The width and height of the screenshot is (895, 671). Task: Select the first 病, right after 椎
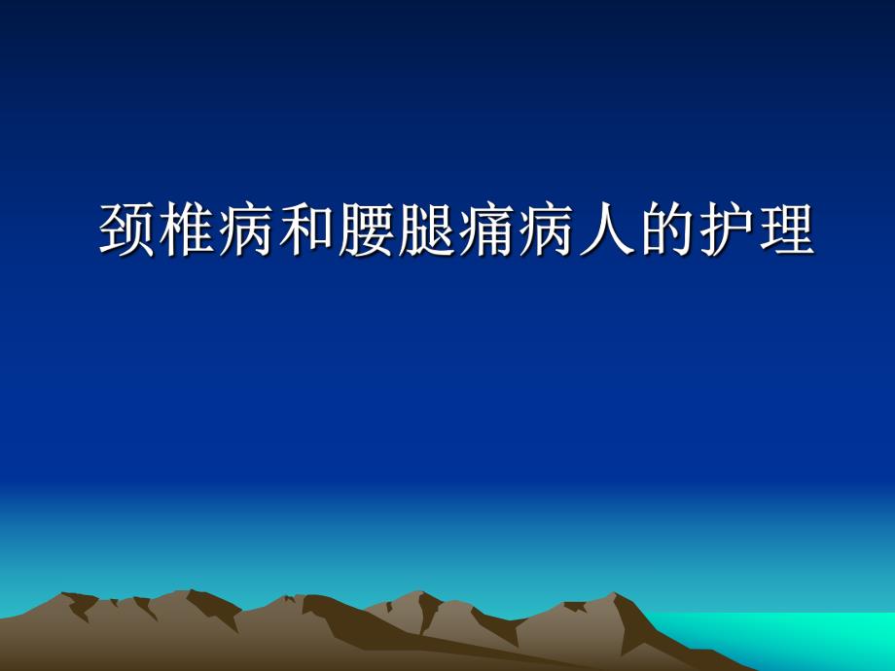pyautogui.click(x=247, y=230)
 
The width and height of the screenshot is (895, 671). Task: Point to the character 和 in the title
pyautogui.click(x=306, y=230)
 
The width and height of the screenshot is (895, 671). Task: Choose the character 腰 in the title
pyautogui.click(x=367, y=230)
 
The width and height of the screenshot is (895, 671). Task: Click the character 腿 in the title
pyautogui.click(x=426, y=230)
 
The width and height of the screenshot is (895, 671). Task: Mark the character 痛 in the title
pyautogui.click(x=485, y=230)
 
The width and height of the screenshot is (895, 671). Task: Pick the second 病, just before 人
pyautogui.click(x=546, y=230)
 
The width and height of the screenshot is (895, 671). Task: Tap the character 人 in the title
pyautogui.click(x=605, y=230)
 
